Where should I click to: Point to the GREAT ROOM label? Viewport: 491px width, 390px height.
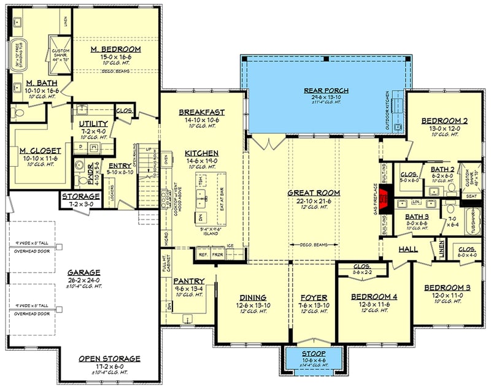[x=314, y=193]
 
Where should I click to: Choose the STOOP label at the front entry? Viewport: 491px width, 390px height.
[x=314, y=354]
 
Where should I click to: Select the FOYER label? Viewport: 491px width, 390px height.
[x=313, y=297]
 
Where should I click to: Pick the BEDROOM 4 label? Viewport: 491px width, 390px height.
[x=374, y=297]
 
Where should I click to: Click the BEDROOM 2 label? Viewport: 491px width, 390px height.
[x=444, y=121]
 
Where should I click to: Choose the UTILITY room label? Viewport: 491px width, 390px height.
[x=94, y=124]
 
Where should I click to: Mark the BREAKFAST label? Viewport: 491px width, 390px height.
[x=201, y=112]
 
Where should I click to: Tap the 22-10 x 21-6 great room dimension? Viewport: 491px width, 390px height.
[x=314, y=201]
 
